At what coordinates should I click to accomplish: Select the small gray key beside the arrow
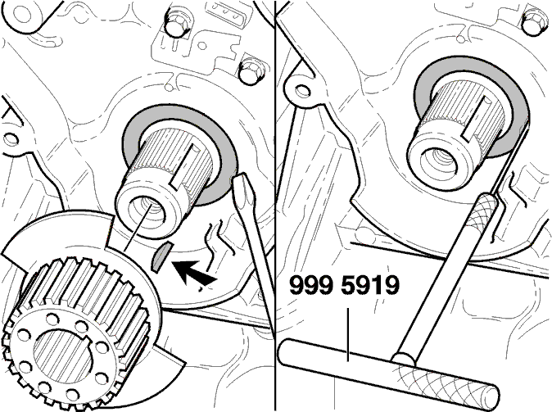pyautogui.click(x=161, y=257)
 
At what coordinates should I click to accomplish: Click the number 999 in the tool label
pyautogui.click(x=310, y=286)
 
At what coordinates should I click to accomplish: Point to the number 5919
pyautogui.click(x=370, y=286)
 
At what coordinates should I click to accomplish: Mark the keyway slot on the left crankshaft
pyautogui.click(x=183, y=165)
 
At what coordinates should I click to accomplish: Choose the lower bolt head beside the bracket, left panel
pyautogui.click(x=251, y=71)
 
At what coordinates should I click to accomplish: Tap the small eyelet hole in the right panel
pyautogui.click(x=301, y=90)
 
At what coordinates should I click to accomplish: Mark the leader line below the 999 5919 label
pyautogui.click(x=348, y=334)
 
